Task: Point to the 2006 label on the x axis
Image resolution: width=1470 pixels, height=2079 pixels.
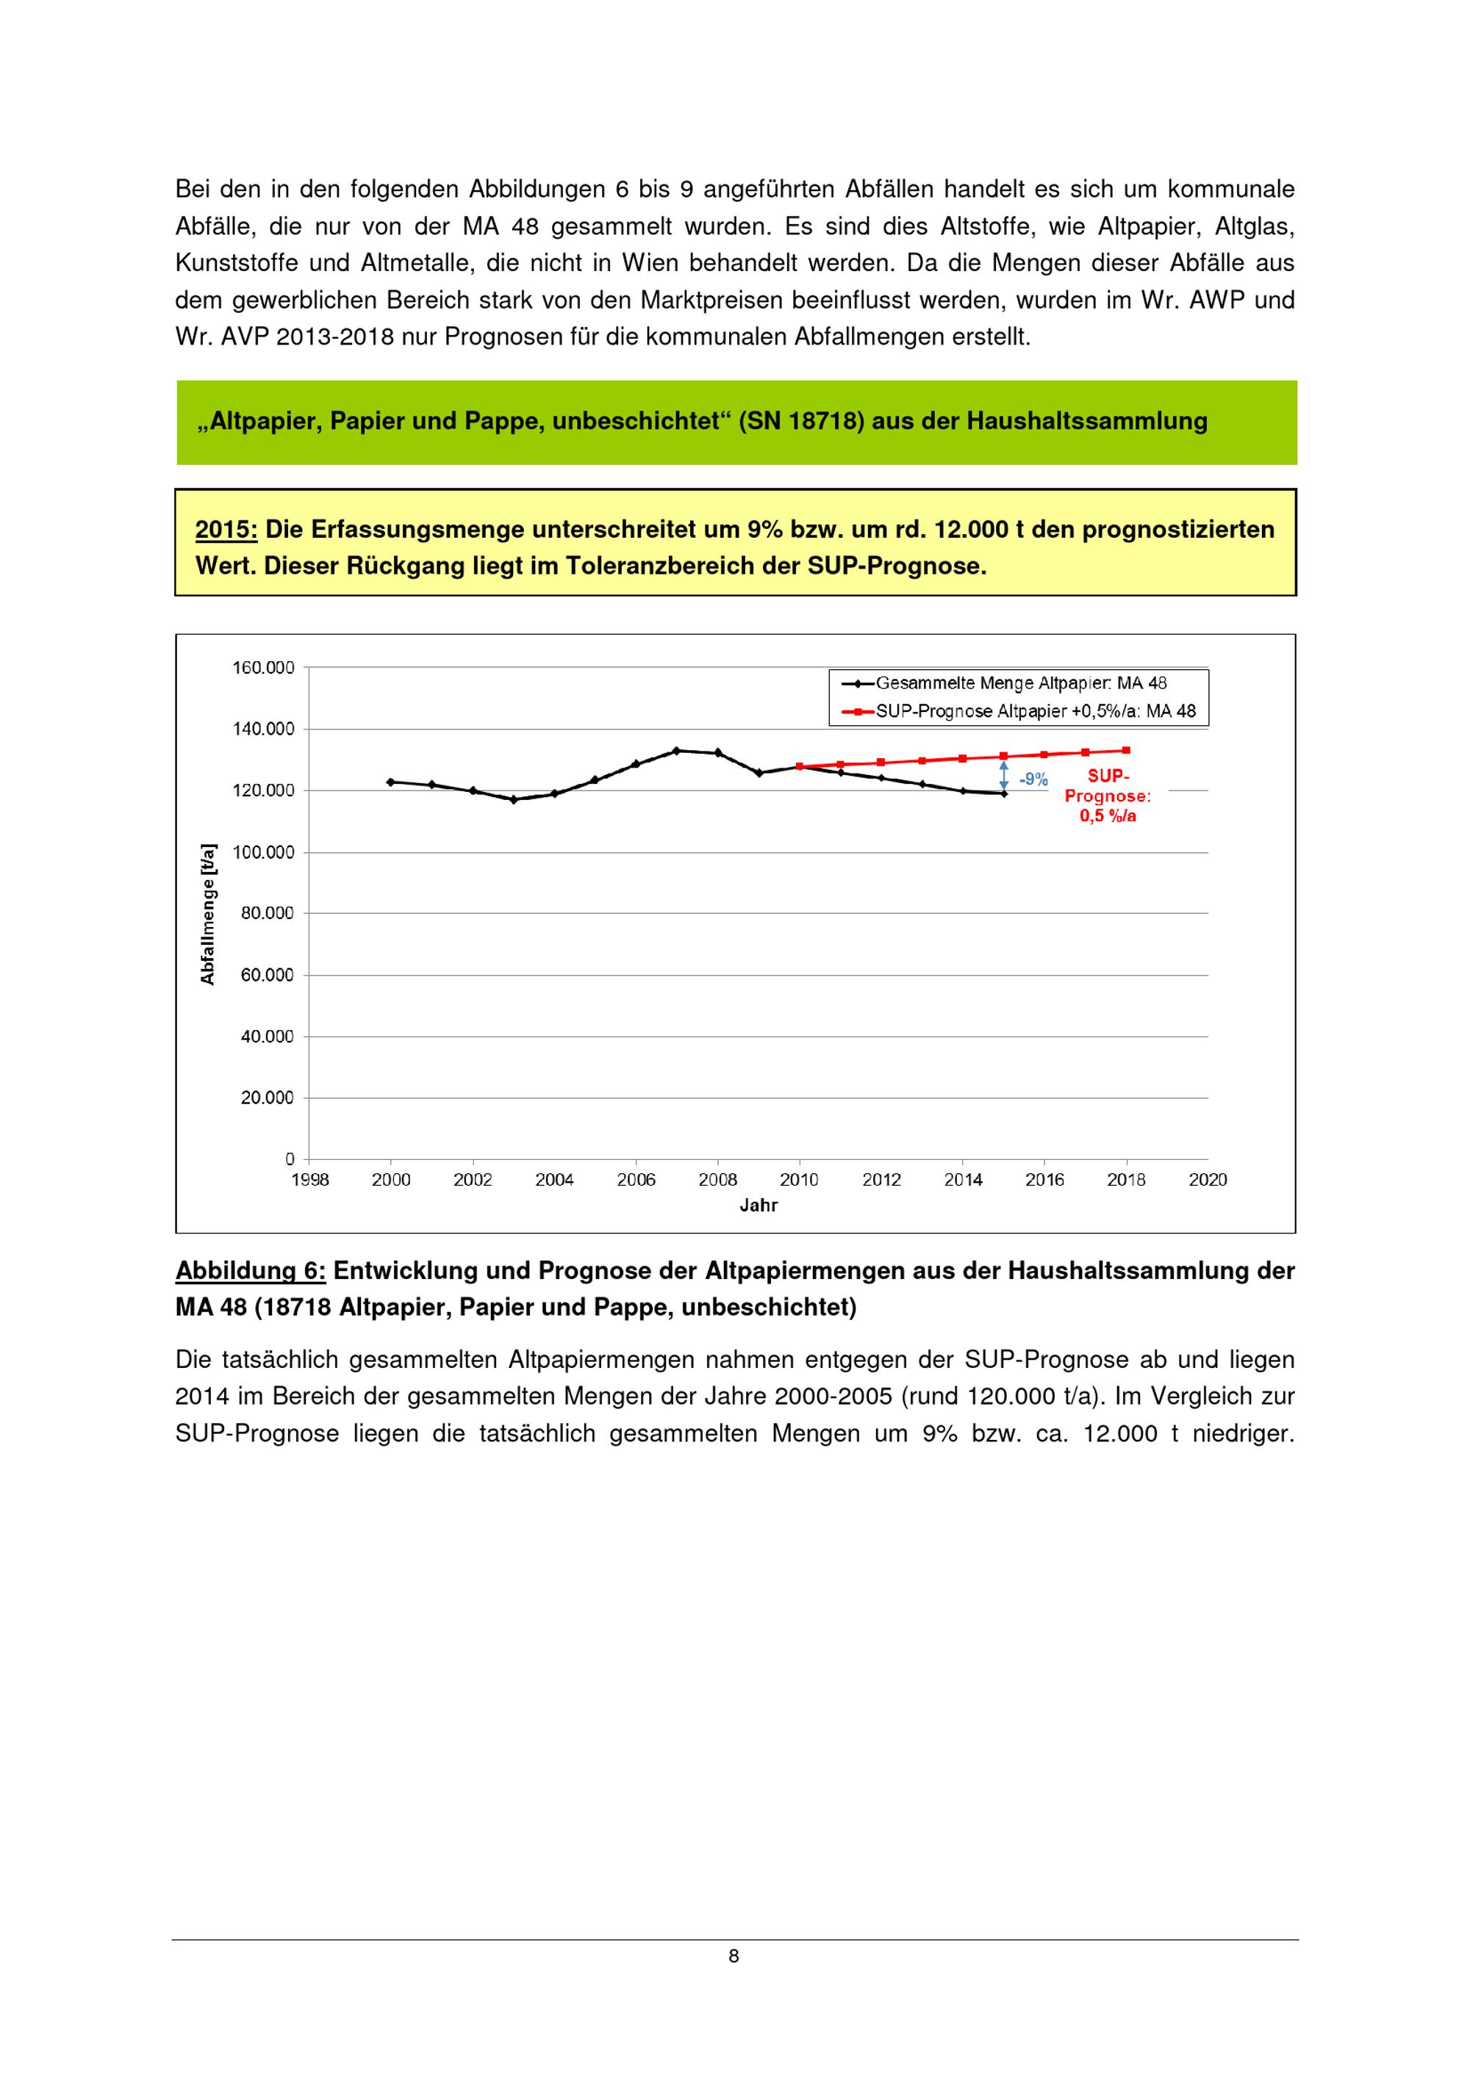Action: (x=636, y=1180)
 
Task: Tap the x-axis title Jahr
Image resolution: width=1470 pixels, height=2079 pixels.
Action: (x=758, y=1206)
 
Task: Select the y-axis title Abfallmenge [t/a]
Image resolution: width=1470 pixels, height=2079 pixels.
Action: (x=208, y=914)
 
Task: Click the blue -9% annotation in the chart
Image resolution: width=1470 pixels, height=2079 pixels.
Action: (x=1033, y=779)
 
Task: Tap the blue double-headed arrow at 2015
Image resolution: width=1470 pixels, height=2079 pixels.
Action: (x=1003, y=775)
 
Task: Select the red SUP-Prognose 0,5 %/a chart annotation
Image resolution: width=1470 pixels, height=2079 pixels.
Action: (x=1107, y=796)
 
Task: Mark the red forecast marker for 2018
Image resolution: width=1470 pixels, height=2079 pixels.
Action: (x=1126, y=750)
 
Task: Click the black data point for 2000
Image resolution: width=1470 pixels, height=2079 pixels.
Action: (x=390, y=782)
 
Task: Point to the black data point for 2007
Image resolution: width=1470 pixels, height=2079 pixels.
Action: (x=677, y=751)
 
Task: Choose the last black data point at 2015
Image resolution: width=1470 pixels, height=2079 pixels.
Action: (x=1003, y=794)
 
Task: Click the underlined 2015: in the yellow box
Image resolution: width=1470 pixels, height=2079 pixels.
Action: (x=226, y=530)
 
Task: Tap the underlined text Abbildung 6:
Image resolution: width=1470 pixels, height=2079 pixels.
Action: (x=250, y=1272)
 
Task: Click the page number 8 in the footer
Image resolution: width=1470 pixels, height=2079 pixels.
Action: (x=734, y=1957)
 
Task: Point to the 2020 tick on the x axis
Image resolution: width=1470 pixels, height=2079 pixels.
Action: (x=1208, y=1180)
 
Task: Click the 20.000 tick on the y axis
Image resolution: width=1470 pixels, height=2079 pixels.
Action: (x=268, y=1098)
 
